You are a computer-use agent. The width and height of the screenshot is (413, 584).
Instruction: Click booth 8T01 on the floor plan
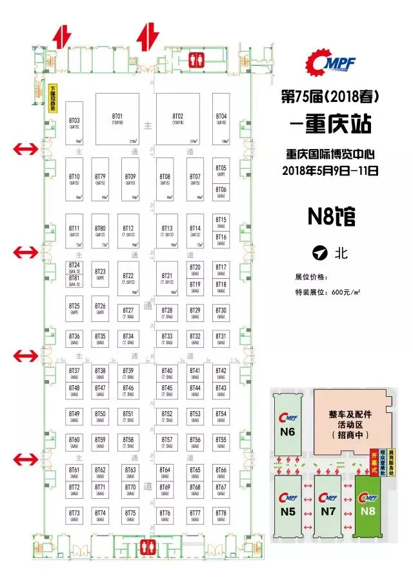pos(117,119)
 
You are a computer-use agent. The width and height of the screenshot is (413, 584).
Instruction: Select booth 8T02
pos(177,119)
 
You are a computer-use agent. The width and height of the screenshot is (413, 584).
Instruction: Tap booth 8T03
pos(74,123)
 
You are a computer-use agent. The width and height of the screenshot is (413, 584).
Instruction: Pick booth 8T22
pos(128,279)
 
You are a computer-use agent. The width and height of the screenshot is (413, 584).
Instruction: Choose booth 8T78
pos(221,515)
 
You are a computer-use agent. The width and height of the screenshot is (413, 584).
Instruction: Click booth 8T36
pos(74,339)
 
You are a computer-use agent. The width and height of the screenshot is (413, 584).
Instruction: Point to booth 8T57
pos(166,442)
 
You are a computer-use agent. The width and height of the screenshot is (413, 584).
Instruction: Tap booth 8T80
pos(100,231)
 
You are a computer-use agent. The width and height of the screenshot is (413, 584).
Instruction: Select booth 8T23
pos(100,275)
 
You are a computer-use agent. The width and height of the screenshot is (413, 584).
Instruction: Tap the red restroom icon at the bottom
pos(146,544)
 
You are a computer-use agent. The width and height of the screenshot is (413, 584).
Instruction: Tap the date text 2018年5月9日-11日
pos(329,172)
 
